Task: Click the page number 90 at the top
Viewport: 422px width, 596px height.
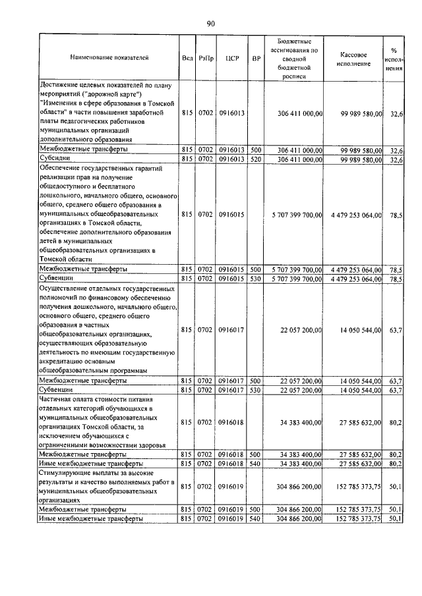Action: (x=210, y=24)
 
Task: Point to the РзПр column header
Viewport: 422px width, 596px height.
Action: (x=206, y=58)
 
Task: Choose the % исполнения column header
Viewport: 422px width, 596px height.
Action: (x=394, y=58)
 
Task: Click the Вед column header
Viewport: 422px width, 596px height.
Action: (x=187, y=58)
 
